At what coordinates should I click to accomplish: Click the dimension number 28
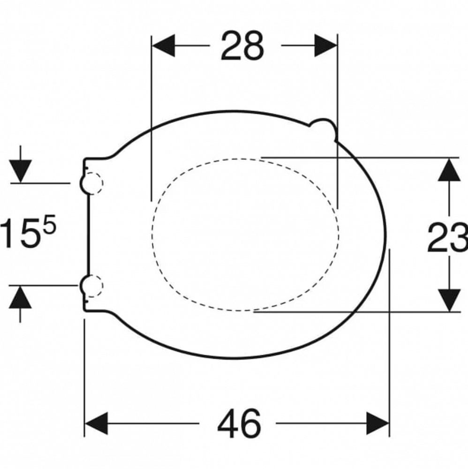242,46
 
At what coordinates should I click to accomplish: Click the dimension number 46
239,423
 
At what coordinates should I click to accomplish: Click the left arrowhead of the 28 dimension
163,45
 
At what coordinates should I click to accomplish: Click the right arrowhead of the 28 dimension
325,45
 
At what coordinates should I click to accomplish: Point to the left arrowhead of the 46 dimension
96,423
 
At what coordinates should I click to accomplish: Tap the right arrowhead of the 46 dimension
377,423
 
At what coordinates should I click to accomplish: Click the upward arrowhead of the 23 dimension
449,170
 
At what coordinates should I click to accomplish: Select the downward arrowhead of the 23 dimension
449,300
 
